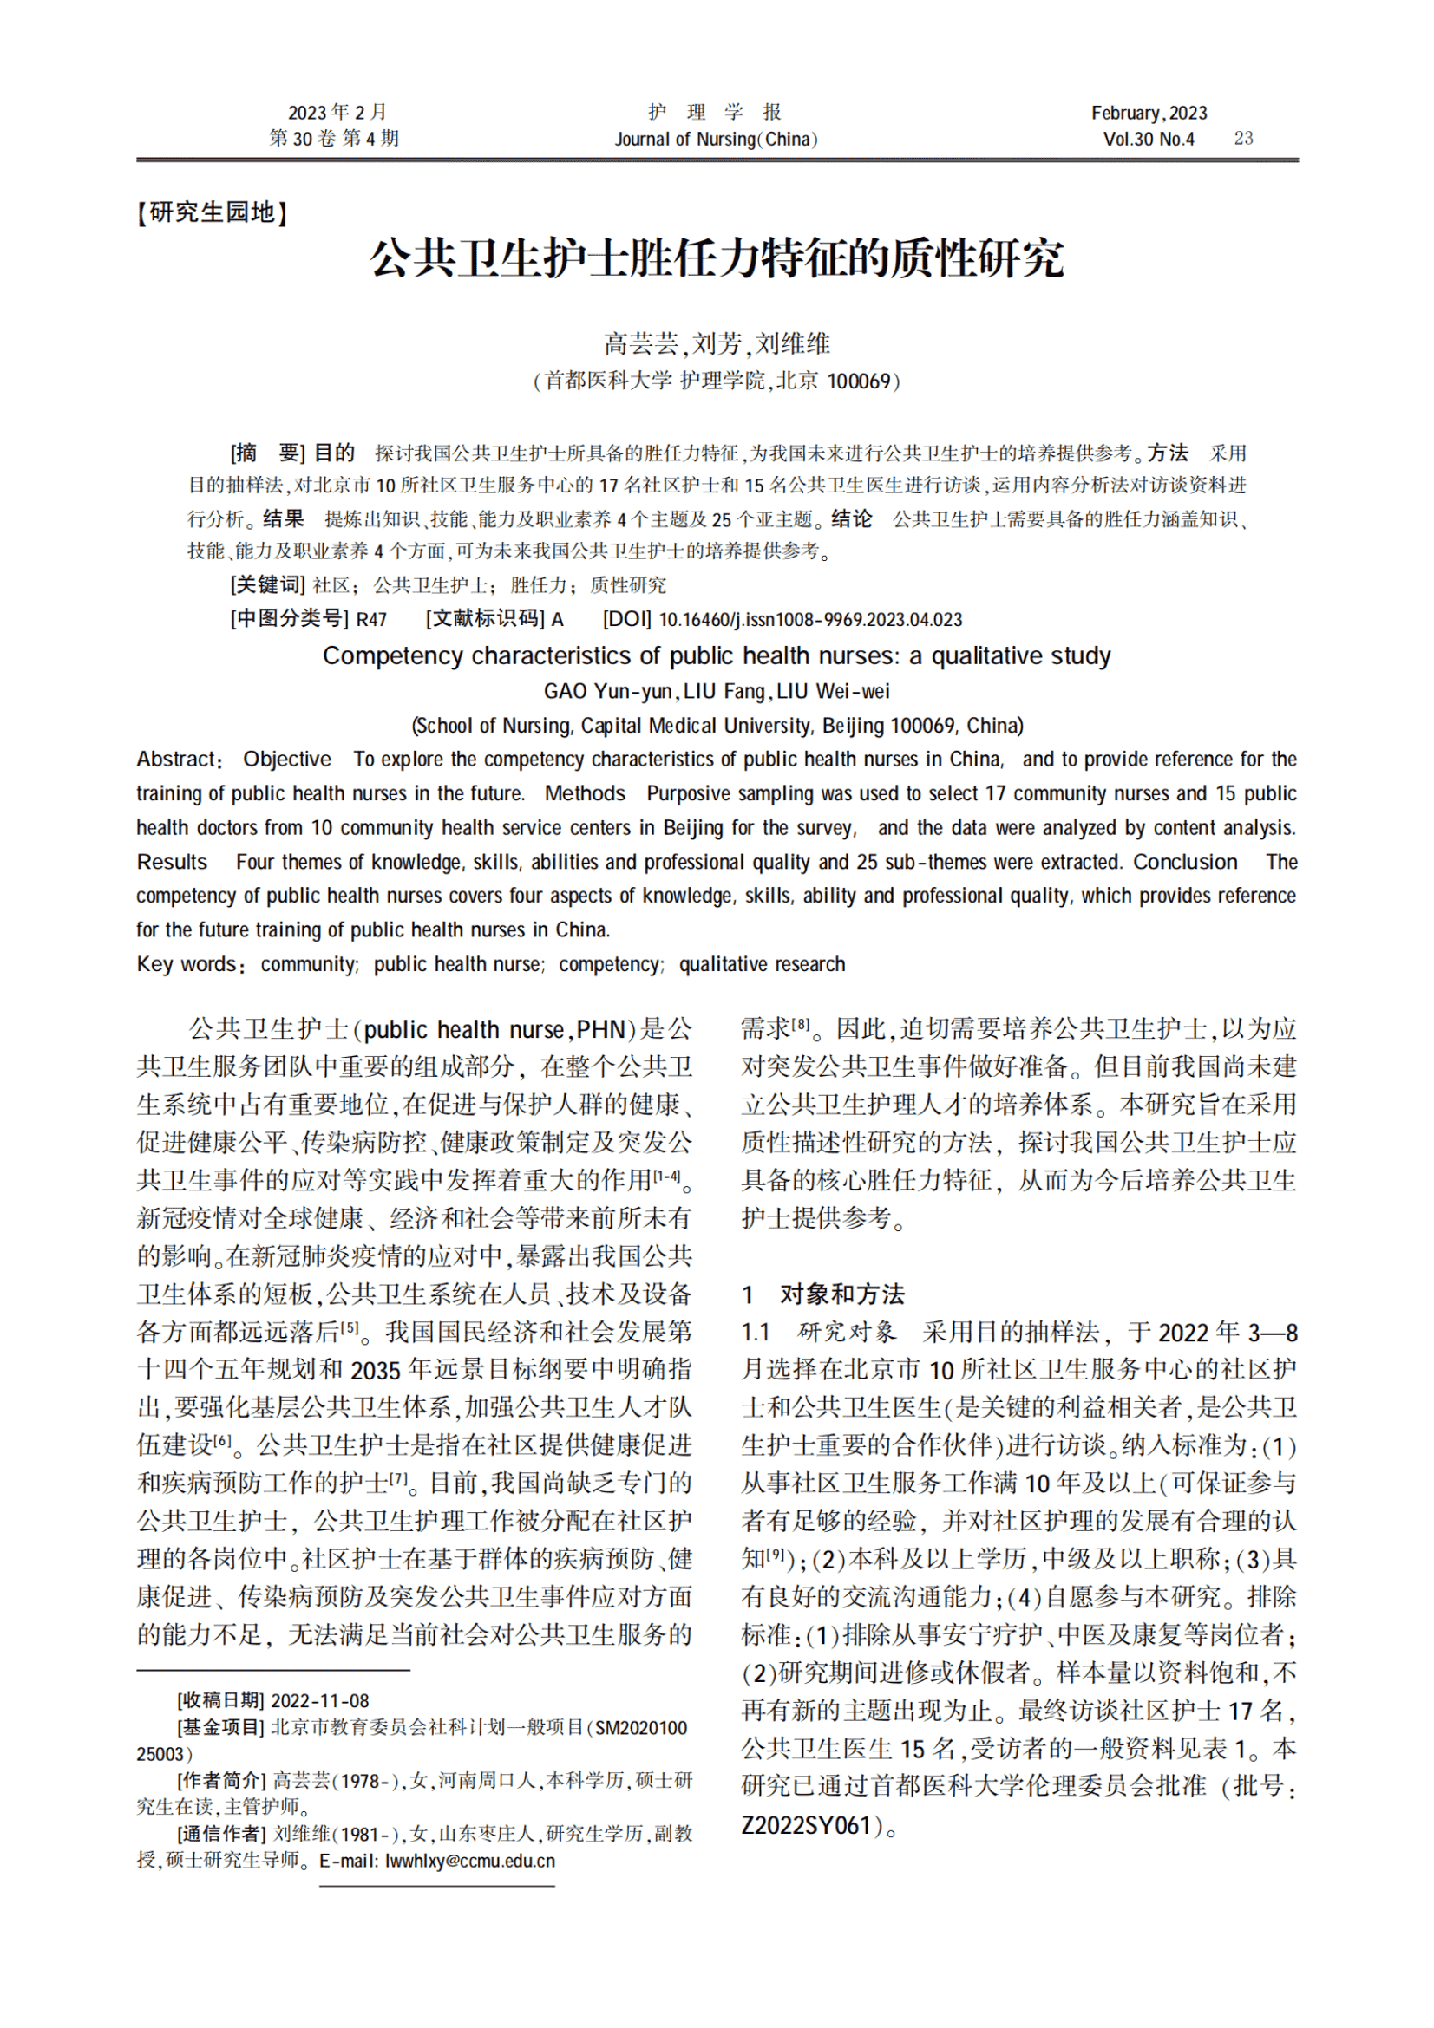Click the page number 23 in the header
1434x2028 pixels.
(x=1243, y=139)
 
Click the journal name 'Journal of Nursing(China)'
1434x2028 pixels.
(x=716, y=140)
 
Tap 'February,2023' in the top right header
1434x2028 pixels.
(x=1149, y=113)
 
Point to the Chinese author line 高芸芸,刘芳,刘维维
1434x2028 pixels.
(x=717, y=343)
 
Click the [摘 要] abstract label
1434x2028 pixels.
(x=267, y=454)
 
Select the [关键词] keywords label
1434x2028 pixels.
(x=267, y=584)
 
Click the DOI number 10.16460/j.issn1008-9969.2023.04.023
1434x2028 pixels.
(x=810, y=620)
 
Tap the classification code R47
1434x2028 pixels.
(x=371, y=620)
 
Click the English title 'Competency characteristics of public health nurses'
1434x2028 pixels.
(x=717, y=656)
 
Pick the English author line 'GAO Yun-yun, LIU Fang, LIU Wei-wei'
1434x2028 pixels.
(x=717, y=692)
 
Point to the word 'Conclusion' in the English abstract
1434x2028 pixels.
(x=1185, y=862)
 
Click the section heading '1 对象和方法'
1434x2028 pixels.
(x=823, y=1294)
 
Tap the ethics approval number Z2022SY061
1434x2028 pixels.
(x=807, y=1826)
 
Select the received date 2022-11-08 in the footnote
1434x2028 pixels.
(x=320, y=1700)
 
